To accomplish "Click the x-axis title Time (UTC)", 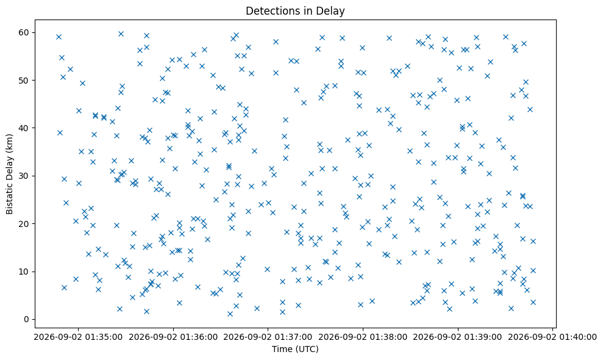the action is click(x=295, y=349).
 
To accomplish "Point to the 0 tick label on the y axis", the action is click(x=27, y=319).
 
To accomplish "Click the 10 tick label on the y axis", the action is click(x=24, y=272).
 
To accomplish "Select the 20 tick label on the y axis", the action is click(x=24, y=224).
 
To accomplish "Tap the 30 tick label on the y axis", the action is click(x=24, y=176).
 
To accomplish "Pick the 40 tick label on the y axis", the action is click(x=24, y=128).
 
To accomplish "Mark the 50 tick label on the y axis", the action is click(x=24, y=81).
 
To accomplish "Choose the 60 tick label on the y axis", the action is click(x=24, y=32).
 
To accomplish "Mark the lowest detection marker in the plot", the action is click(x=230, y=314).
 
